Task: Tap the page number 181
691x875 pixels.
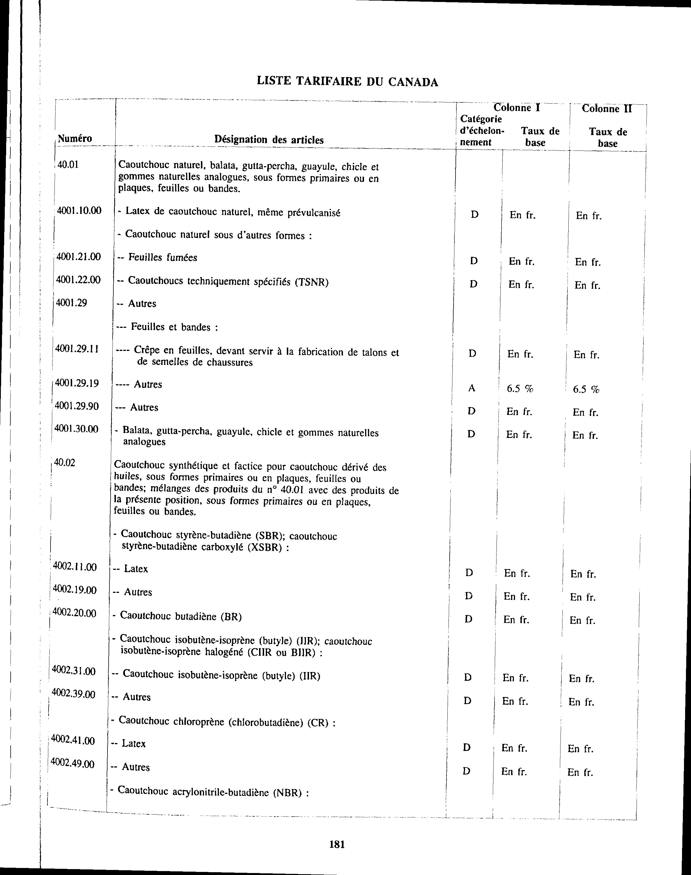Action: [x=337, y=844]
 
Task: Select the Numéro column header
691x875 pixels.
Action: [x=75, y=139]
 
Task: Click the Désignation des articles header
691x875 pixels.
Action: [x=269, y=140]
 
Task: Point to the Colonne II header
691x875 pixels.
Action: [x=607, y=109]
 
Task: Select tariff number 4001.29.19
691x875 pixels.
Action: [x=77, y=383]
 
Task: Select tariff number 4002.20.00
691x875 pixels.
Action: [x=74, y=613]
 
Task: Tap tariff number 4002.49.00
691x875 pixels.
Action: [x=73, y=764]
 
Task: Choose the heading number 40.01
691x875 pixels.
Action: [x=68, y=165]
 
